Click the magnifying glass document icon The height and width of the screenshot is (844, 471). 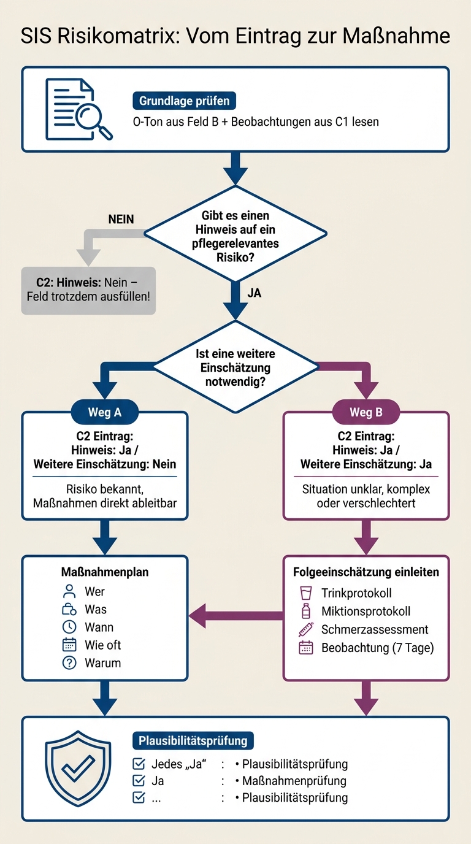click(x=78, y=109)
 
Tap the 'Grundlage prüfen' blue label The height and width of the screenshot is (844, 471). click(x=184, y=101)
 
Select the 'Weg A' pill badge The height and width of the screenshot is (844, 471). click(x=105, y=412)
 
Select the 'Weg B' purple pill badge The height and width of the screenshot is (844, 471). click(x=366, y=412)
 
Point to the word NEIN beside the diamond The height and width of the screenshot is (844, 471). click(x=121, y=220)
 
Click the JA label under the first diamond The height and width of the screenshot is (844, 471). click(x=255, y=293)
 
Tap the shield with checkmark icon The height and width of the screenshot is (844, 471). click(x=78, y=769)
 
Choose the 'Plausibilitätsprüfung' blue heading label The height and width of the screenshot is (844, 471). click(x=193, y=740)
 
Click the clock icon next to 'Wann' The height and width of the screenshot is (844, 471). click(x=69, y=627)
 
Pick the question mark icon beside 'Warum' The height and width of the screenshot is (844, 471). click(x=69, y=663)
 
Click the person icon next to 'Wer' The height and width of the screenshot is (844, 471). click(x=69, y=591)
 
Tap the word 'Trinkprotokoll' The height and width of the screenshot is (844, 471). click(x=356, y=593)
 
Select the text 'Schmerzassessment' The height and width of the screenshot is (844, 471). click(x=375, y=629)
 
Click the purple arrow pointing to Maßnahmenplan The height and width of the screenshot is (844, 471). click(x=236, y=616)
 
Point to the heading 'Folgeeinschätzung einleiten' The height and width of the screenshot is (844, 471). click(x=366, y=572)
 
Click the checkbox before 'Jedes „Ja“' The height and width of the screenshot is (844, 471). click(x=139, y=764)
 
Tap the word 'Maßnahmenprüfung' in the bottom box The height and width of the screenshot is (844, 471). click(x=294, y=781)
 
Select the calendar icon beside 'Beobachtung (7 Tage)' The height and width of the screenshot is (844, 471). click(x=306, y=648)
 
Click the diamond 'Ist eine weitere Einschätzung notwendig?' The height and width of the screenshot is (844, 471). click(x=235, y=367)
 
